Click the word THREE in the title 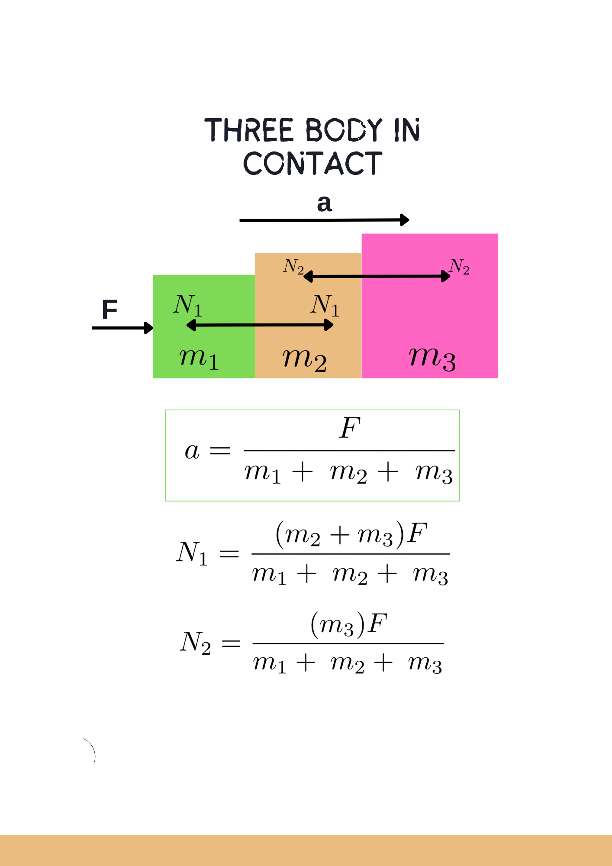tap(249, 130)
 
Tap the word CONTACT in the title tap(313, 163)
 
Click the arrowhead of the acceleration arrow tap(405, 220)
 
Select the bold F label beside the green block tap(110, 309)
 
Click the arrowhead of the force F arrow tap(149, 328)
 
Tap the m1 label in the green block tap(199, 358)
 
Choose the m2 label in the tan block tap(305, 359)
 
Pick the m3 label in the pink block tap(432, 358)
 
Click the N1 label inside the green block tap(187, 305)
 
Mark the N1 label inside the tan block tap(325, 305)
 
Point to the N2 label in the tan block tap(293, 266)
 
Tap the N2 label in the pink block tap(459, 267)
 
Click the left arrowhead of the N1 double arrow tap(191, 325)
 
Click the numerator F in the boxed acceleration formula tap(350, 428)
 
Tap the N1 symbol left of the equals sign tap(192, 553)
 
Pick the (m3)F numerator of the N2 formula tap(349, 624)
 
